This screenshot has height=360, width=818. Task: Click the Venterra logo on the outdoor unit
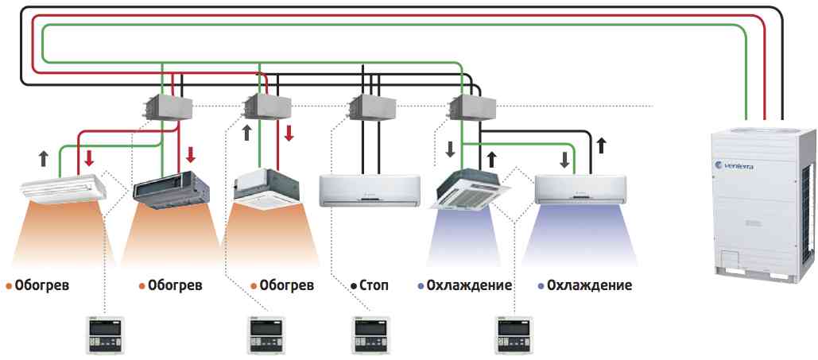[739, 165]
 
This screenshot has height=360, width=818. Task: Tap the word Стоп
[374, 285]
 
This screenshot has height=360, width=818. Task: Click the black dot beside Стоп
[352, 285]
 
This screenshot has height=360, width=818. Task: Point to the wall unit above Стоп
[369, 190]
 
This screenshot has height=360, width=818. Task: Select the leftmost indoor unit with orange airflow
[62, 189]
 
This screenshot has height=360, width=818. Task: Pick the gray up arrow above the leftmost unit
[44, 157]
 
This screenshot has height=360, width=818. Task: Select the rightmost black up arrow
[602, 145]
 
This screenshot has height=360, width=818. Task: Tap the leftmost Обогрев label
[42, 285]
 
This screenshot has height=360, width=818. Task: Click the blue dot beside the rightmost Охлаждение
[541, 285]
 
